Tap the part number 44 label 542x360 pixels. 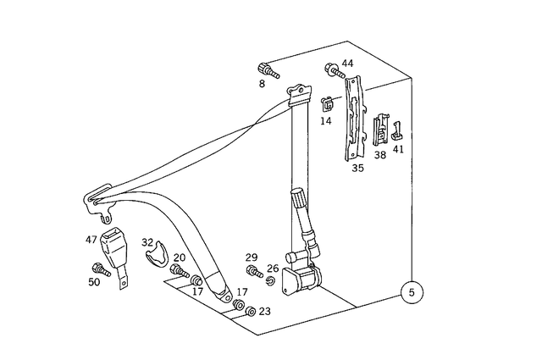tap(347, 64)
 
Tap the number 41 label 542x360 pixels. tap(398, 149)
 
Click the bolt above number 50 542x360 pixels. tap(99, 270)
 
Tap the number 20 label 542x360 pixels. tap(180, 258)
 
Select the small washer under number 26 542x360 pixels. tap(272, 280)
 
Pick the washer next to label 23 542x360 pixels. tap(250, 311)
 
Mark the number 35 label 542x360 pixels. tap(357, 168)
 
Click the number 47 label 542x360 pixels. tap(91, 241)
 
